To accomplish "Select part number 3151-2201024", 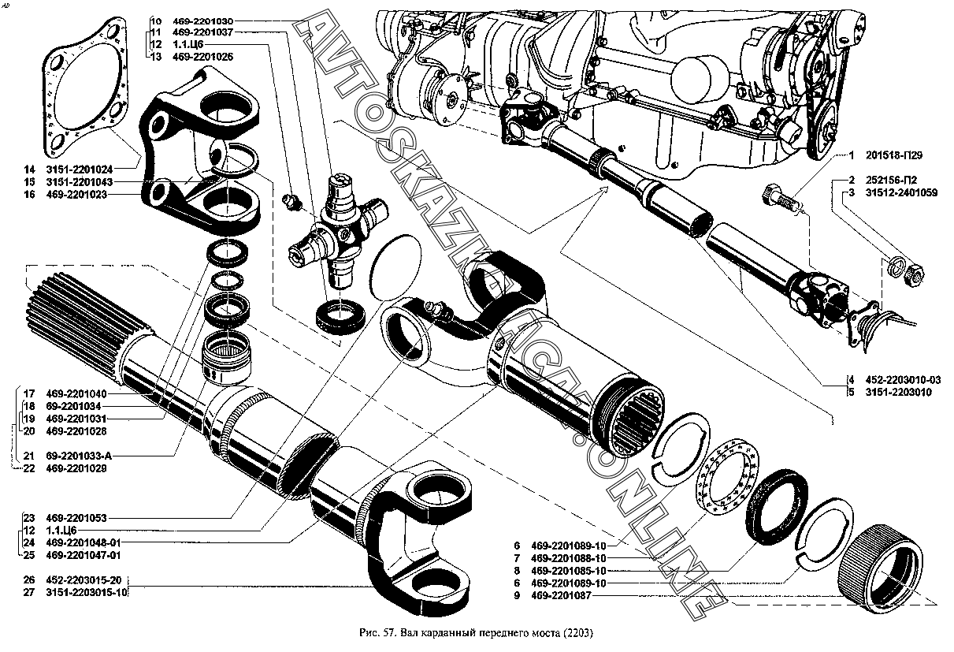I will coord(80,170).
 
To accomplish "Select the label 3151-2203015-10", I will coord(86,593).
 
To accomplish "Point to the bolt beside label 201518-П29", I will coord(779,197).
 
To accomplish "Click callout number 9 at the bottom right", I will coord(517,596).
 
